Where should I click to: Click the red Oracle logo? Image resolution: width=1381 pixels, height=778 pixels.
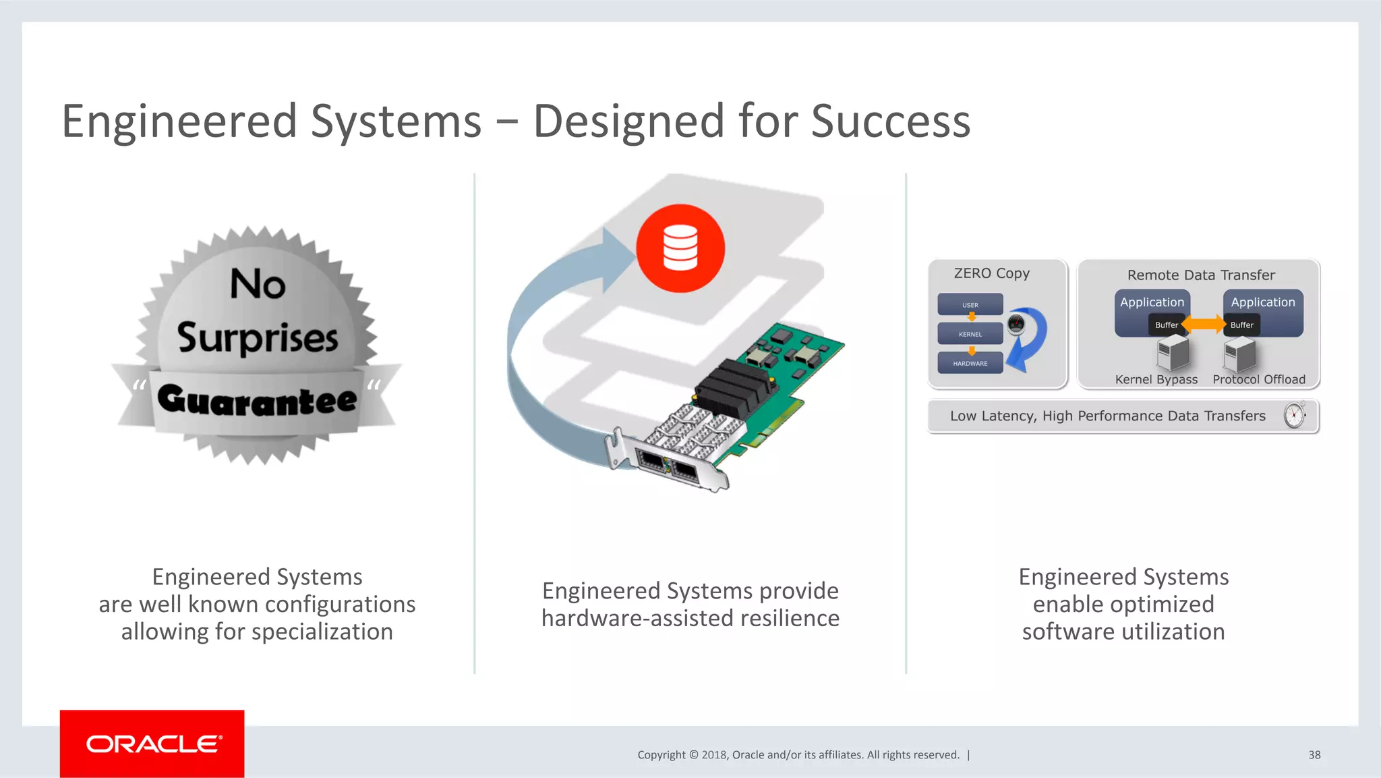click(x=152, y=744)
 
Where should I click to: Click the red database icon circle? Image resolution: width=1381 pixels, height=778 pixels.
click(x=680, y=248)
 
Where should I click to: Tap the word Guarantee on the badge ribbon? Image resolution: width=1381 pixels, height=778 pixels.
click(x=257, y=400)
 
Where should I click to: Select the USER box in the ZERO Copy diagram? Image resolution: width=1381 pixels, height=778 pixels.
click(x=970, y=305)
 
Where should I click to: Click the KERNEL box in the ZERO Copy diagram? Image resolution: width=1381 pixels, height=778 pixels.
click(x=970, y=334)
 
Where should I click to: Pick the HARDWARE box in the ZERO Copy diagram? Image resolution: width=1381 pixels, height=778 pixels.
click(x=970, y=363)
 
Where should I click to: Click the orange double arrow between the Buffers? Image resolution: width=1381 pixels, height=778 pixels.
click(x=1204, y=325)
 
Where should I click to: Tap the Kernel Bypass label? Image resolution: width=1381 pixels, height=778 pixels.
click(x=1156, y=379)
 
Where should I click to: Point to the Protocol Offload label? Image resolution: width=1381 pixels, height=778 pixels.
click(x=1259, y=379)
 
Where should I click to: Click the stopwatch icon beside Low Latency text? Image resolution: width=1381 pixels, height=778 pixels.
click(x=1295, y=415)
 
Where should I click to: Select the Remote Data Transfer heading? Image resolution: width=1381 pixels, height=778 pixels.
click(x=1201, y=275)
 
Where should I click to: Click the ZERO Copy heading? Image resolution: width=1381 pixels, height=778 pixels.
click(x=991, y=273)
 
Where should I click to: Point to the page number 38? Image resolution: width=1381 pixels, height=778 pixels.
click(x=1314, y=754)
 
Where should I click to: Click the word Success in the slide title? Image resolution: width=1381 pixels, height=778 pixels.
click(x=890, y=121)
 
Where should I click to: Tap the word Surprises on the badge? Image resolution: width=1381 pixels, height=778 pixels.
click(x=258, y=337)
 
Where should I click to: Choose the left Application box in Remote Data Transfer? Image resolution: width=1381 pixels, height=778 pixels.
click(x=1152, y=303)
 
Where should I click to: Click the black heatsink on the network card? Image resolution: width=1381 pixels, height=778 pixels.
click(x=734, y=383)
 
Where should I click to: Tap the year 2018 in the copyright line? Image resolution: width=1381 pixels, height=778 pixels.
click(x=713, y=754)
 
